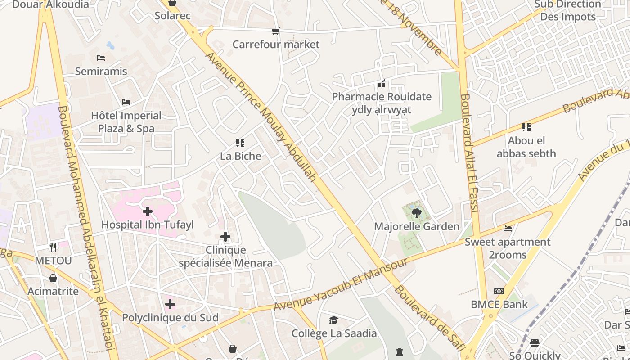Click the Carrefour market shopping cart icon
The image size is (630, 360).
tap(275, 31)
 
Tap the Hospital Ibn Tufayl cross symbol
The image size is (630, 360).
tap(147, 211)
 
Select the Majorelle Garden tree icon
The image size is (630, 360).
tap(416, 213)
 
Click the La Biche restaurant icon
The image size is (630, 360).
tap(240, 143)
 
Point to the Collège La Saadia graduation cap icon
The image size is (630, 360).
tap(333, 320)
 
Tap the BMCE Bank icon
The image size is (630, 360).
tap(499, 291)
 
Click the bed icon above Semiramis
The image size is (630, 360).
tap(101, 58)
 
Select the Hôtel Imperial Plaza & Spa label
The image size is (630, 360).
tap(126, 122)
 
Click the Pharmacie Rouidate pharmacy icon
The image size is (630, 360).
tap(382, 84)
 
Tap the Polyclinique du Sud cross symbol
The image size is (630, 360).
tap(170, 304)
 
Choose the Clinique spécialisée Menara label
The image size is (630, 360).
tap(225, 256)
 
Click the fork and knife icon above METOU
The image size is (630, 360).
tap(53, 247)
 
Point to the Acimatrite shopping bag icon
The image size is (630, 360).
tap(53, 278)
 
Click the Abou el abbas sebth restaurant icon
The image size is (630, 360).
tap(526, 127)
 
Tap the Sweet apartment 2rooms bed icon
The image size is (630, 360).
tap(508, 229)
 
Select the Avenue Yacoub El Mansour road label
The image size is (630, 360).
tap(341, 284)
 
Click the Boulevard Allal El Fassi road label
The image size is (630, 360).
tap(471, 153)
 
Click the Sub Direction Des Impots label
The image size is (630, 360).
tap(568, 10)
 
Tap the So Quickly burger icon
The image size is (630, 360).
tap(535, 343)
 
